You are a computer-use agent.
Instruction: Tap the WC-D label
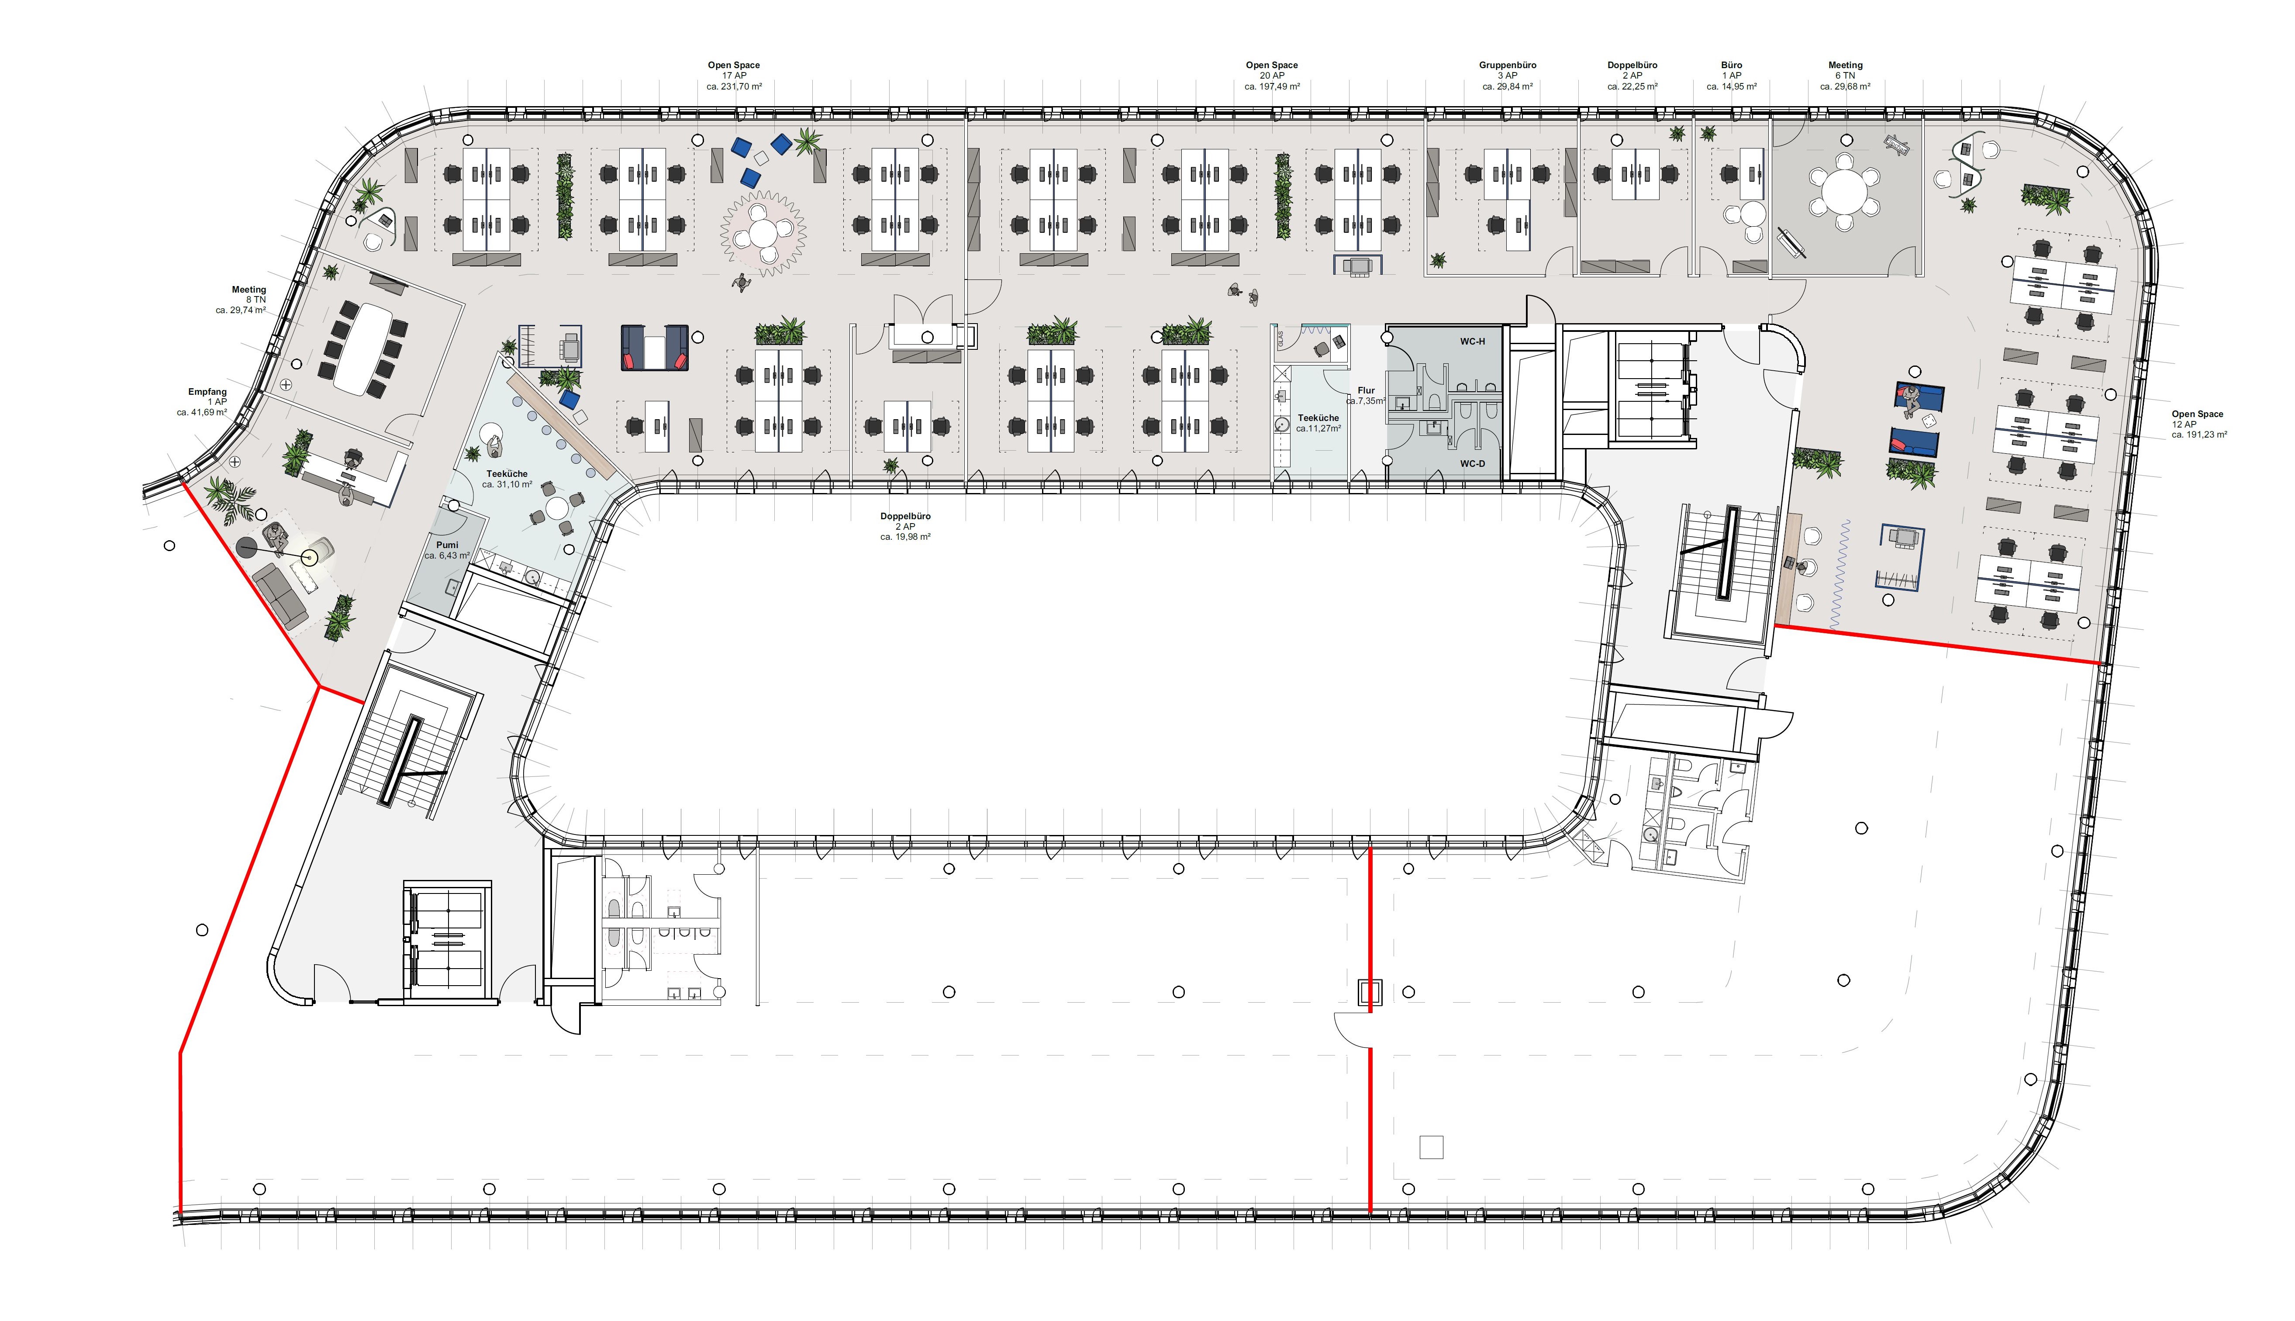coord(1472,464)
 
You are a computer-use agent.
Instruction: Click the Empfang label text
coord(208,392)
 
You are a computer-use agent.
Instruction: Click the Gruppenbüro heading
coord(1508,66)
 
